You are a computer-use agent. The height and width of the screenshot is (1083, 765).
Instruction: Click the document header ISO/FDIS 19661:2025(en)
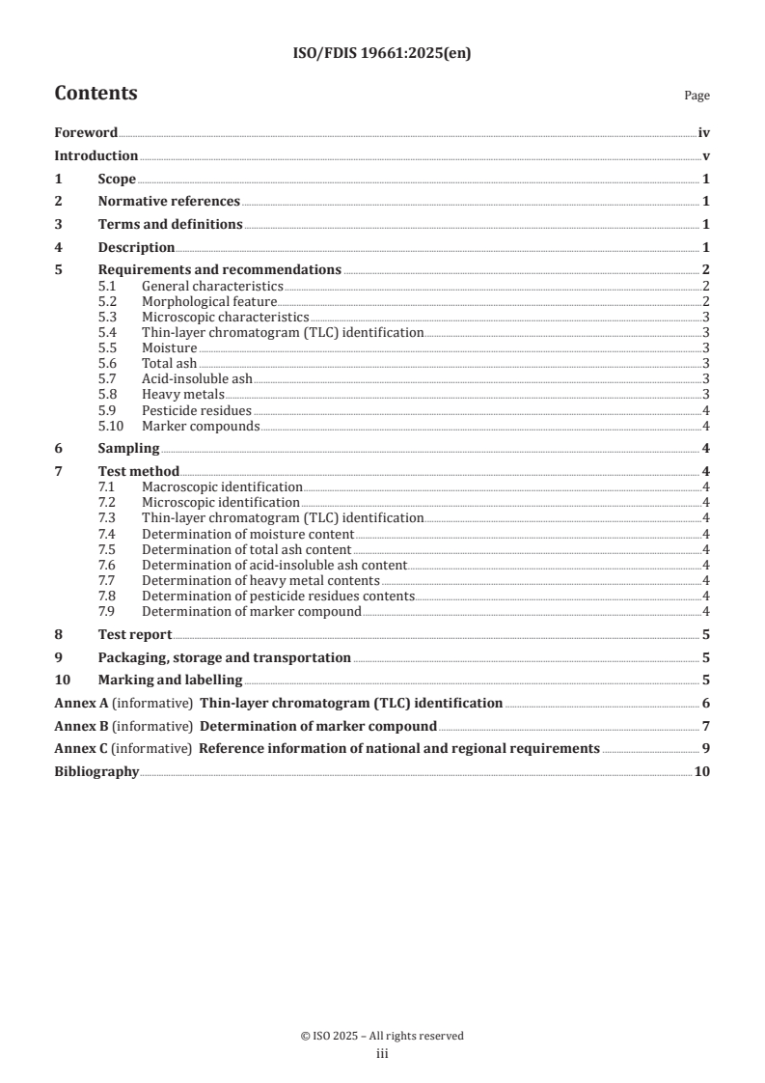click(x=382, y=54)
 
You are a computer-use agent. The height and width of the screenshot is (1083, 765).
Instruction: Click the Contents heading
click(x=96, y=94)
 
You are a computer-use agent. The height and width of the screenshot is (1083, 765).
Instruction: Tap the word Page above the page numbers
click(x=697, y=96)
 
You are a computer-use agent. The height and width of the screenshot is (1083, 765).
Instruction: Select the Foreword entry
click(x=86, y=133)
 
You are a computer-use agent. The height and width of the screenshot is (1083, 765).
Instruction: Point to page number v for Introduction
click(x=706, y=155)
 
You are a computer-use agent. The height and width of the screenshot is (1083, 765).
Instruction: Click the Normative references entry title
click(x=169, y=201)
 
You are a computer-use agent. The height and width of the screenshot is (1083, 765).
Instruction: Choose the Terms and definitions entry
click(x=170, y=224)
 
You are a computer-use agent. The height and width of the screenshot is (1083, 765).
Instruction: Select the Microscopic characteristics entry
click(x=225, y=317)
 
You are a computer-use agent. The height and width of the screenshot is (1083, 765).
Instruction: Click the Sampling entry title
click(x=128, y=448)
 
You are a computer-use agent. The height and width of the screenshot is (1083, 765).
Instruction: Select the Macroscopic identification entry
click(x=222, y=487)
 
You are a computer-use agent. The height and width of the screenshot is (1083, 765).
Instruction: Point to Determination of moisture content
click(x=248, y=534)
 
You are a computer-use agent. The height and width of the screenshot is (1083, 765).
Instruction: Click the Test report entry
click(x=135, y=634)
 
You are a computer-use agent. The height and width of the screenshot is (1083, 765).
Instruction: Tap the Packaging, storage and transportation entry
click(x=224, y=657)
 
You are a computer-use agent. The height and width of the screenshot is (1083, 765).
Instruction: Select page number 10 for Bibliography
click(x=702, y=771)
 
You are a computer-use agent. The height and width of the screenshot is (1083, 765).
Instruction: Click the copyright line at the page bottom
click(x=382, y=1036)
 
